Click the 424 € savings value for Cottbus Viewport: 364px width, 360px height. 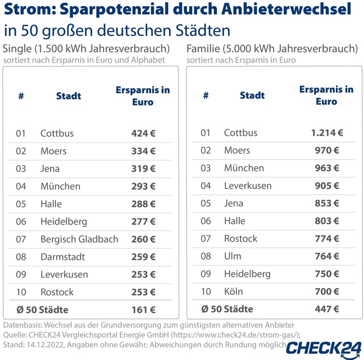143,133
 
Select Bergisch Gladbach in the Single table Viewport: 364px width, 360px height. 79,239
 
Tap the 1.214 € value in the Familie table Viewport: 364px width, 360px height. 327,133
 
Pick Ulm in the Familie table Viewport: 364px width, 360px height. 232,256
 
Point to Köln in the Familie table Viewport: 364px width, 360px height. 233,292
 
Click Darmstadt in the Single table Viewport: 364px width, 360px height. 63,257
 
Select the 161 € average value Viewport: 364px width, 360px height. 143,310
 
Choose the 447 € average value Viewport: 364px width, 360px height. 327,309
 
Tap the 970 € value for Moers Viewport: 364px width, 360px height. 327,151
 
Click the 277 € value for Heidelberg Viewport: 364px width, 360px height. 143,222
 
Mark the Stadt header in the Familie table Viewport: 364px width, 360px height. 252,95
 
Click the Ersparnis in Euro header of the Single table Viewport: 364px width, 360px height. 143,96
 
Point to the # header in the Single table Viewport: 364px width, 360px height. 21,96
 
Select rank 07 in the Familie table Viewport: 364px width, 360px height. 206,238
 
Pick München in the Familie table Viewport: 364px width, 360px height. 244,168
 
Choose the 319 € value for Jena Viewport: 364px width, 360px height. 143,168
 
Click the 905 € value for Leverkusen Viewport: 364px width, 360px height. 327,186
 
